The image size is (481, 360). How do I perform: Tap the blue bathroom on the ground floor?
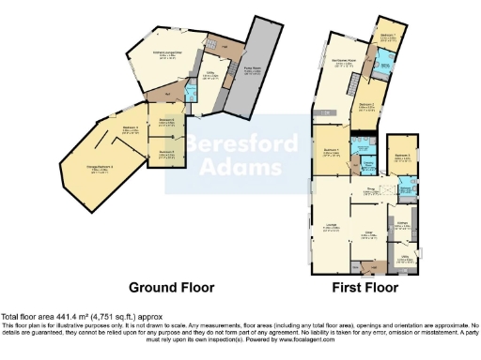pyautogui.click(x=192, y=92)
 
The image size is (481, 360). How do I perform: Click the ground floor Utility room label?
pyautogui.click(x=212, y=77)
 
